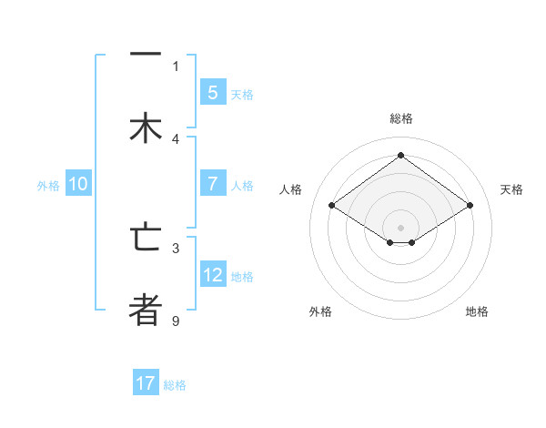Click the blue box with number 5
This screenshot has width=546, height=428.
[x=212, y=92]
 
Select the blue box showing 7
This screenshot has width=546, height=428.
[x=212, y=183]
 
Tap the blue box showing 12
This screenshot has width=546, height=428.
[x=212, y=274]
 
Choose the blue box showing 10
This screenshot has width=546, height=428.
[x=78, y=183]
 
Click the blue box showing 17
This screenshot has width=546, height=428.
[x=146, y=383]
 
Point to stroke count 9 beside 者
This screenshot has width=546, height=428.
[x=176, y=321]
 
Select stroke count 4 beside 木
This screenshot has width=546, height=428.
[x=176, y=139]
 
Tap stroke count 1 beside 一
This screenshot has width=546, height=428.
[x=176, y=66]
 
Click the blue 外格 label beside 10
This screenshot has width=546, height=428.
[x=48, y=185]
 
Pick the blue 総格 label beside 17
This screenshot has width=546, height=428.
[x=175, y=385]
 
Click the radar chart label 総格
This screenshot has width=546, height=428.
[x=401, y=118]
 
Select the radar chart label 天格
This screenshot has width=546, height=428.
[x=511, y=189]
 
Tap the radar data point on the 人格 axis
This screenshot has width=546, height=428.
[x=332, y=206]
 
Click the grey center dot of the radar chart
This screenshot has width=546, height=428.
[x=401, y=226]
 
